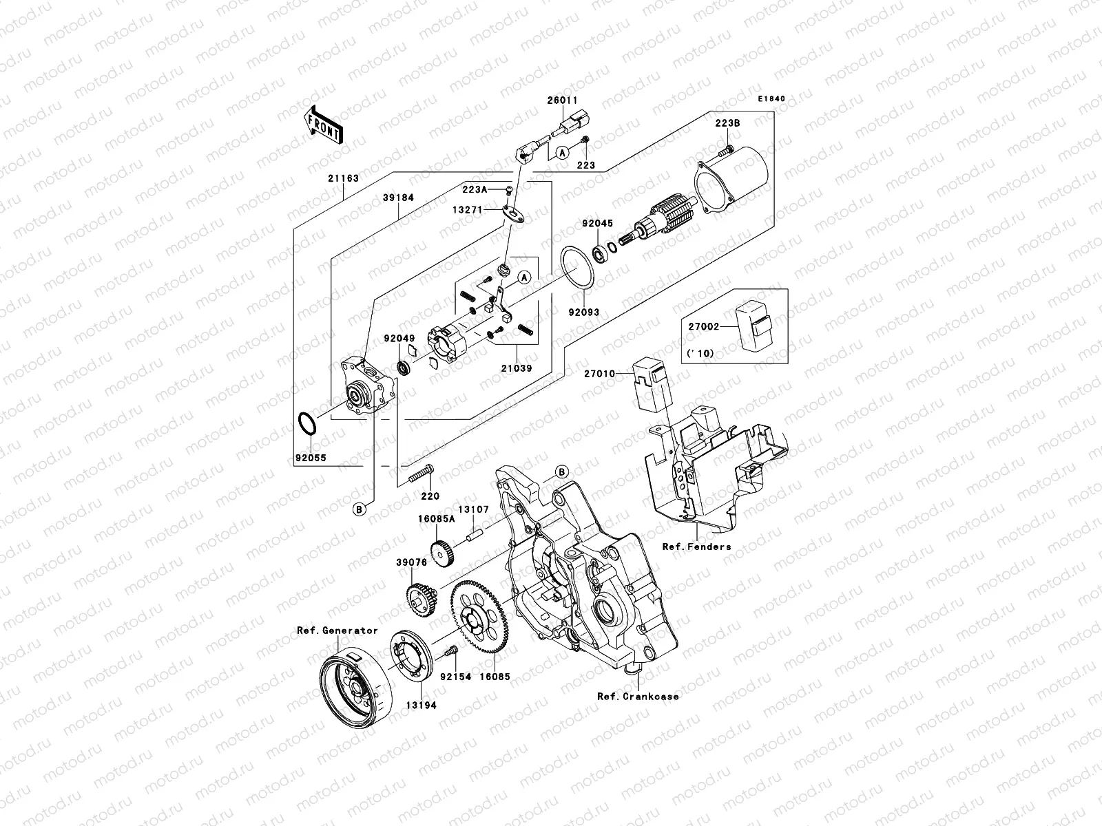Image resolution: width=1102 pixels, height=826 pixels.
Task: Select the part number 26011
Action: (x=563, y=100)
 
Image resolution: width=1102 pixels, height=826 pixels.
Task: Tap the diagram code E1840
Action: (x=771, y=99)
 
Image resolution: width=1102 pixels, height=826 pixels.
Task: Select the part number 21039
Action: (x=517, y=368)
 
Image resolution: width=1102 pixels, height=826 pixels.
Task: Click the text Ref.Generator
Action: (x=337, y=630)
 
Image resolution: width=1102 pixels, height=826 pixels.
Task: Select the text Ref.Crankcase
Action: (x=638, y=696)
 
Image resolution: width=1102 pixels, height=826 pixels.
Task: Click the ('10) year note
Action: (x=700, y=354)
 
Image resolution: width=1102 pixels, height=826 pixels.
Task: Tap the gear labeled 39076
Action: (x=421, y=594)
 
